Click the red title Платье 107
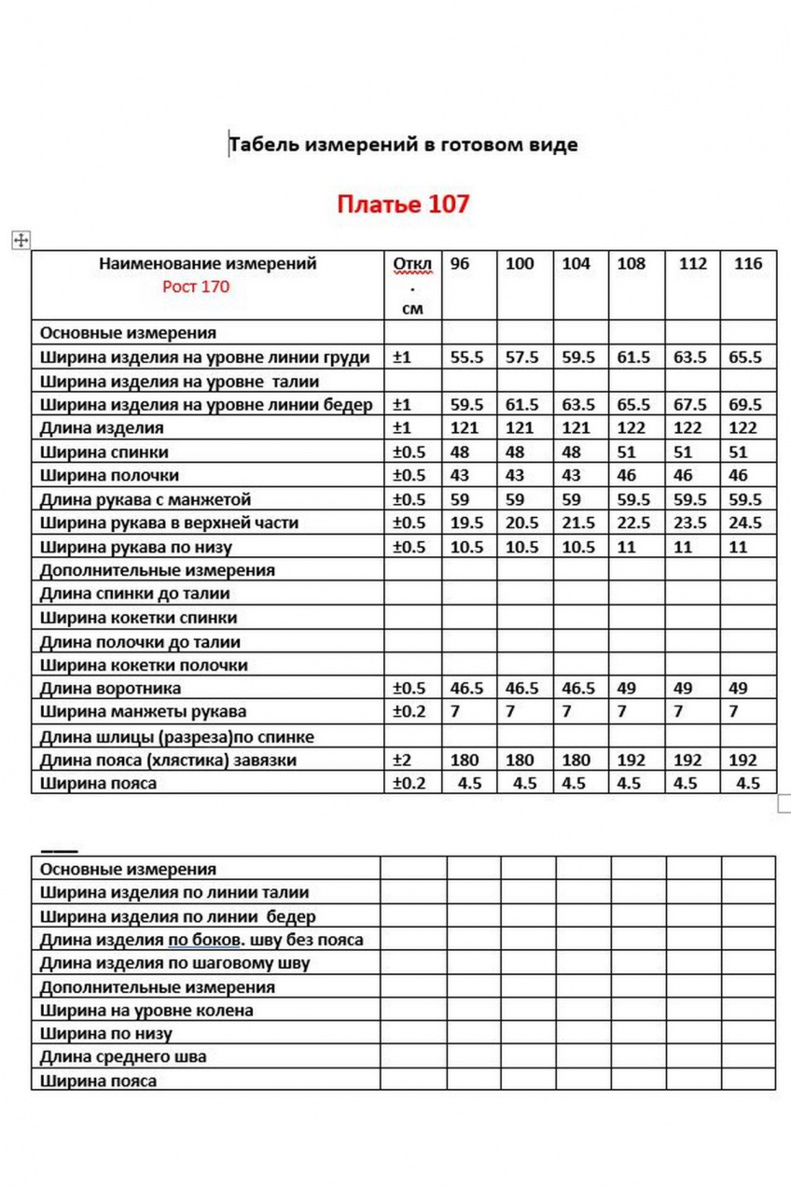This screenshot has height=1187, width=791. coord(403,203)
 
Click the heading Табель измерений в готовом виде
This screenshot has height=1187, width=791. coord(403,145)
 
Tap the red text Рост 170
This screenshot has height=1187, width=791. coord(195,287)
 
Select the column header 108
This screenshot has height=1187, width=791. coord(631,264)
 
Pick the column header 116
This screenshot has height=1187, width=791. coord(748,264)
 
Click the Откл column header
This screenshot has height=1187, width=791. coord(412,264)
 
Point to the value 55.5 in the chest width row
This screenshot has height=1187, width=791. coord(467,357)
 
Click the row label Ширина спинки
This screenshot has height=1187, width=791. coord(104,453)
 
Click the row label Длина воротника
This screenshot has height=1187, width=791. coord(110,689)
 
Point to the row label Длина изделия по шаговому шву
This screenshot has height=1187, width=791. coord(174,963)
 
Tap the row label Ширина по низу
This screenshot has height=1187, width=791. coord(105,1034)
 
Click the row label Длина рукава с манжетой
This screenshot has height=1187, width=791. coord(146,500)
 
